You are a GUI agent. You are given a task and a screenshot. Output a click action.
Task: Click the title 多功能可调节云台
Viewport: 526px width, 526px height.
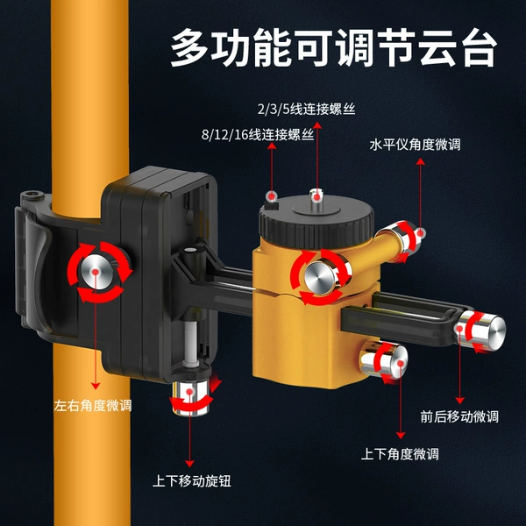click(x=333, y=48)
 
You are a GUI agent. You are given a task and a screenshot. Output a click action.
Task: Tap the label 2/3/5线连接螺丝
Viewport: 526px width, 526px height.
click(x=306, y=110)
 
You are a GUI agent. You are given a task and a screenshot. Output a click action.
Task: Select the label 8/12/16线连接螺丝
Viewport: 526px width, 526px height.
click(x=258, y=135)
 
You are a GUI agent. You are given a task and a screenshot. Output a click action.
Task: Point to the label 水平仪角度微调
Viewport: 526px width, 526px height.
click(x=415, y=145)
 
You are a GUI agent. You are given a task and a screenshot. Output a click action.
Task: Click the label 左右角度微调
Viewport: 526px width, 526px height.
click(x=93, y=406)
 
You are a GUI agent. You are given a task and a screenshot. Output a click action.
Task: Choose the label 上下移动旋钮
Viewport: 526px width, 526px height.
click(x=191, y=481)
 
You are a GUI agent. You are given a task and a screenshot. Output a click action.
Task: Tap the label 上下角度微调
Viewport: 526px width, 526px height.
click(x=400, y=454)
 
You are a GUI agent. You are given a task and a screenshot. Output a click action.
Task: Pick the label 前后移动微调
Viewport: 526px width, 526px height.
click(x=459, y=416)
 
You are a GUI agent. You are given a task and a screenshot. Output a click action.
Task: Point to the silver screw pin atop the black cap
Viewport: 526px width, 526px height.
click(x=316, y=195)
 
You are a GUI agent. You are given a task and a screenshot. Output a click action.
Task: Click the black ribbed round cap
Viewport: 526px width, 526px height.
click(x=316, y=222)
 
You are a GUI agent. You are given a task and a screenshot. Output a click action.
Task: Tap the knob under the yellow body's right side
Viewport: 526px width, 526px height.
click(x=385, y=361)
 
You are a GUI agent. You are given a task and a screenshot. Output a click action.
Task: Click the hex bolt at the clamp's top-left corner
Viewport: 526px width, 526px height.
click(x=32, y=195)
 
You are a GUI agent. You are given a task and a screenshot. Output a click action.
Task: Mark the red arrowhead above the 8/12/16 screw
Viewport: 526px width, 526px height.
click(x=272, y=146)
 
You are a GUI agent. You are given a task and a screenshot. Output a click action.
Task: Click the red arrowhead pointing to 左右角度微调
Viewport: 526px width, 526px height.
click(x=96, y=386)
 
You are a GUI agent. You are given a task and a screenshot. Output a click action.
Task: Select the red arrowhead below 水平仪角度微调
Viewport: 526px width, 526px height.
click(x=420, y=161)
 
